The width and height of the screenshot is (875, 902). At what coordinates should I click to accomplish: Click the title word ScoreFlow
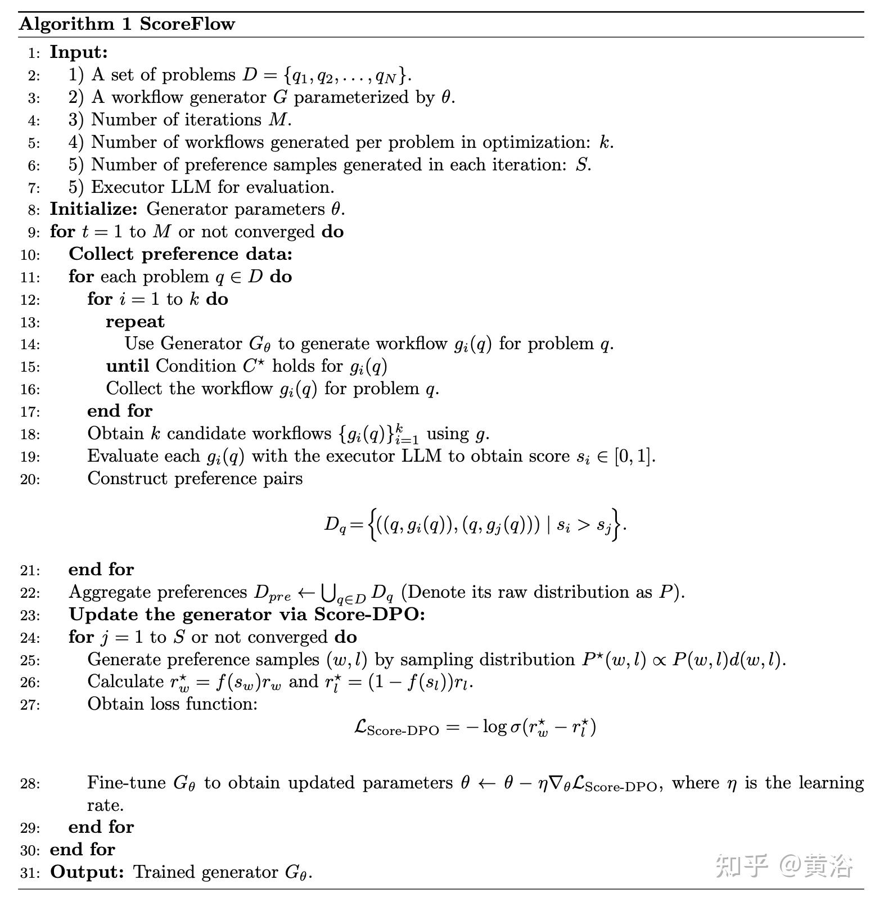[187, 24]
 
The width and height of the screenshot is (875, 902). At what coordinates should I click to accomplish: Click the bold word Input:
[79, 52]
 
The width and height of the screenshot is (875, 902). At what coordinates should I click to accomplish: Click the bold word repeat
[135, 322]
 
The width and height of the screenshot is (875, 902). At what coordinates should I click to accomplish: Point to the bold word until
[128, 366]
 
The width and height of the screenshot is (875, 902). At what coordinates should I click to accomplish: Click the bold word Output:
[87, 872]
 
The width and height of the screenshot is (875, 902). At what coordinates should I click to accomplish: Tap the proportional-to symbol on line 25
[656, 660]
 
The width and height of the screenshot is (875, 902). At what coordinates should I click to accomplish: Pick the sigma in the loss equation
[515, 727]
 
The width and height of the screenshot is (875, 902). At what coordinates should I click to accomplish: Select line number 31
[30, 873]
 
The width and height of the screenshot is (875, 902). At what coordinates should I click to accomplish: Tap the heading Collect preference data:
[181, 254]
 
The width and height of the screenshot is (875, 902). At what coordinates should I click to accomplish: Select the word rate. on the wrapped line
[105, 806]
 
